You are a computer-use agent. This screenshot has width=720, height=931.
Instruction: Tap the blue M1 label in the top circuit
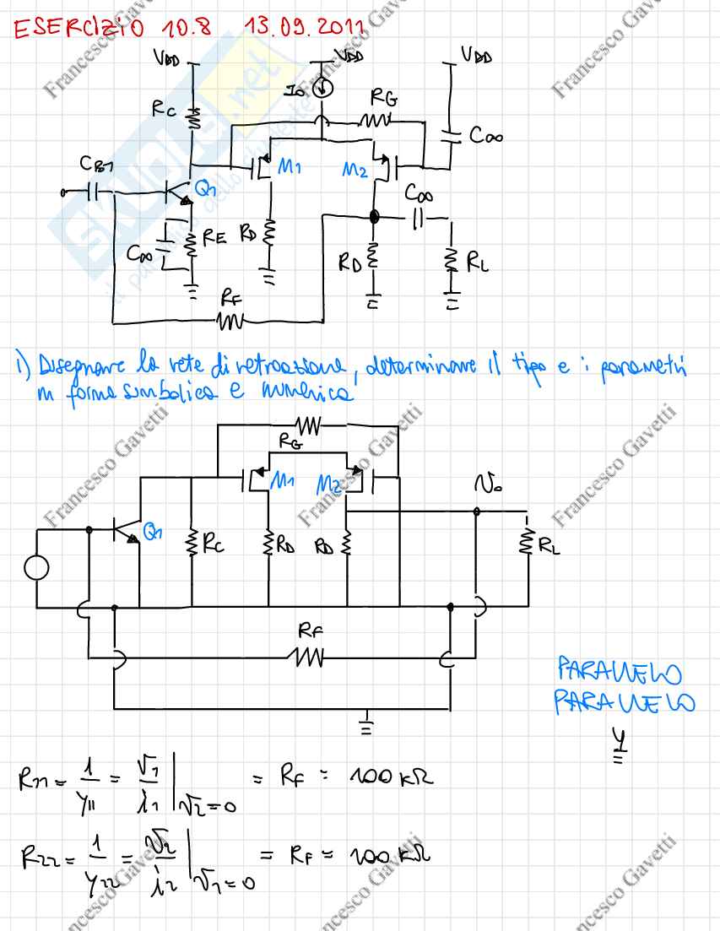[x=290, y=168]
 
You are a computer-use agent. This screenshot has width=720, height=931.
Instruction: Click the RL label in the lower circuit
[x=548, y=547]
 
